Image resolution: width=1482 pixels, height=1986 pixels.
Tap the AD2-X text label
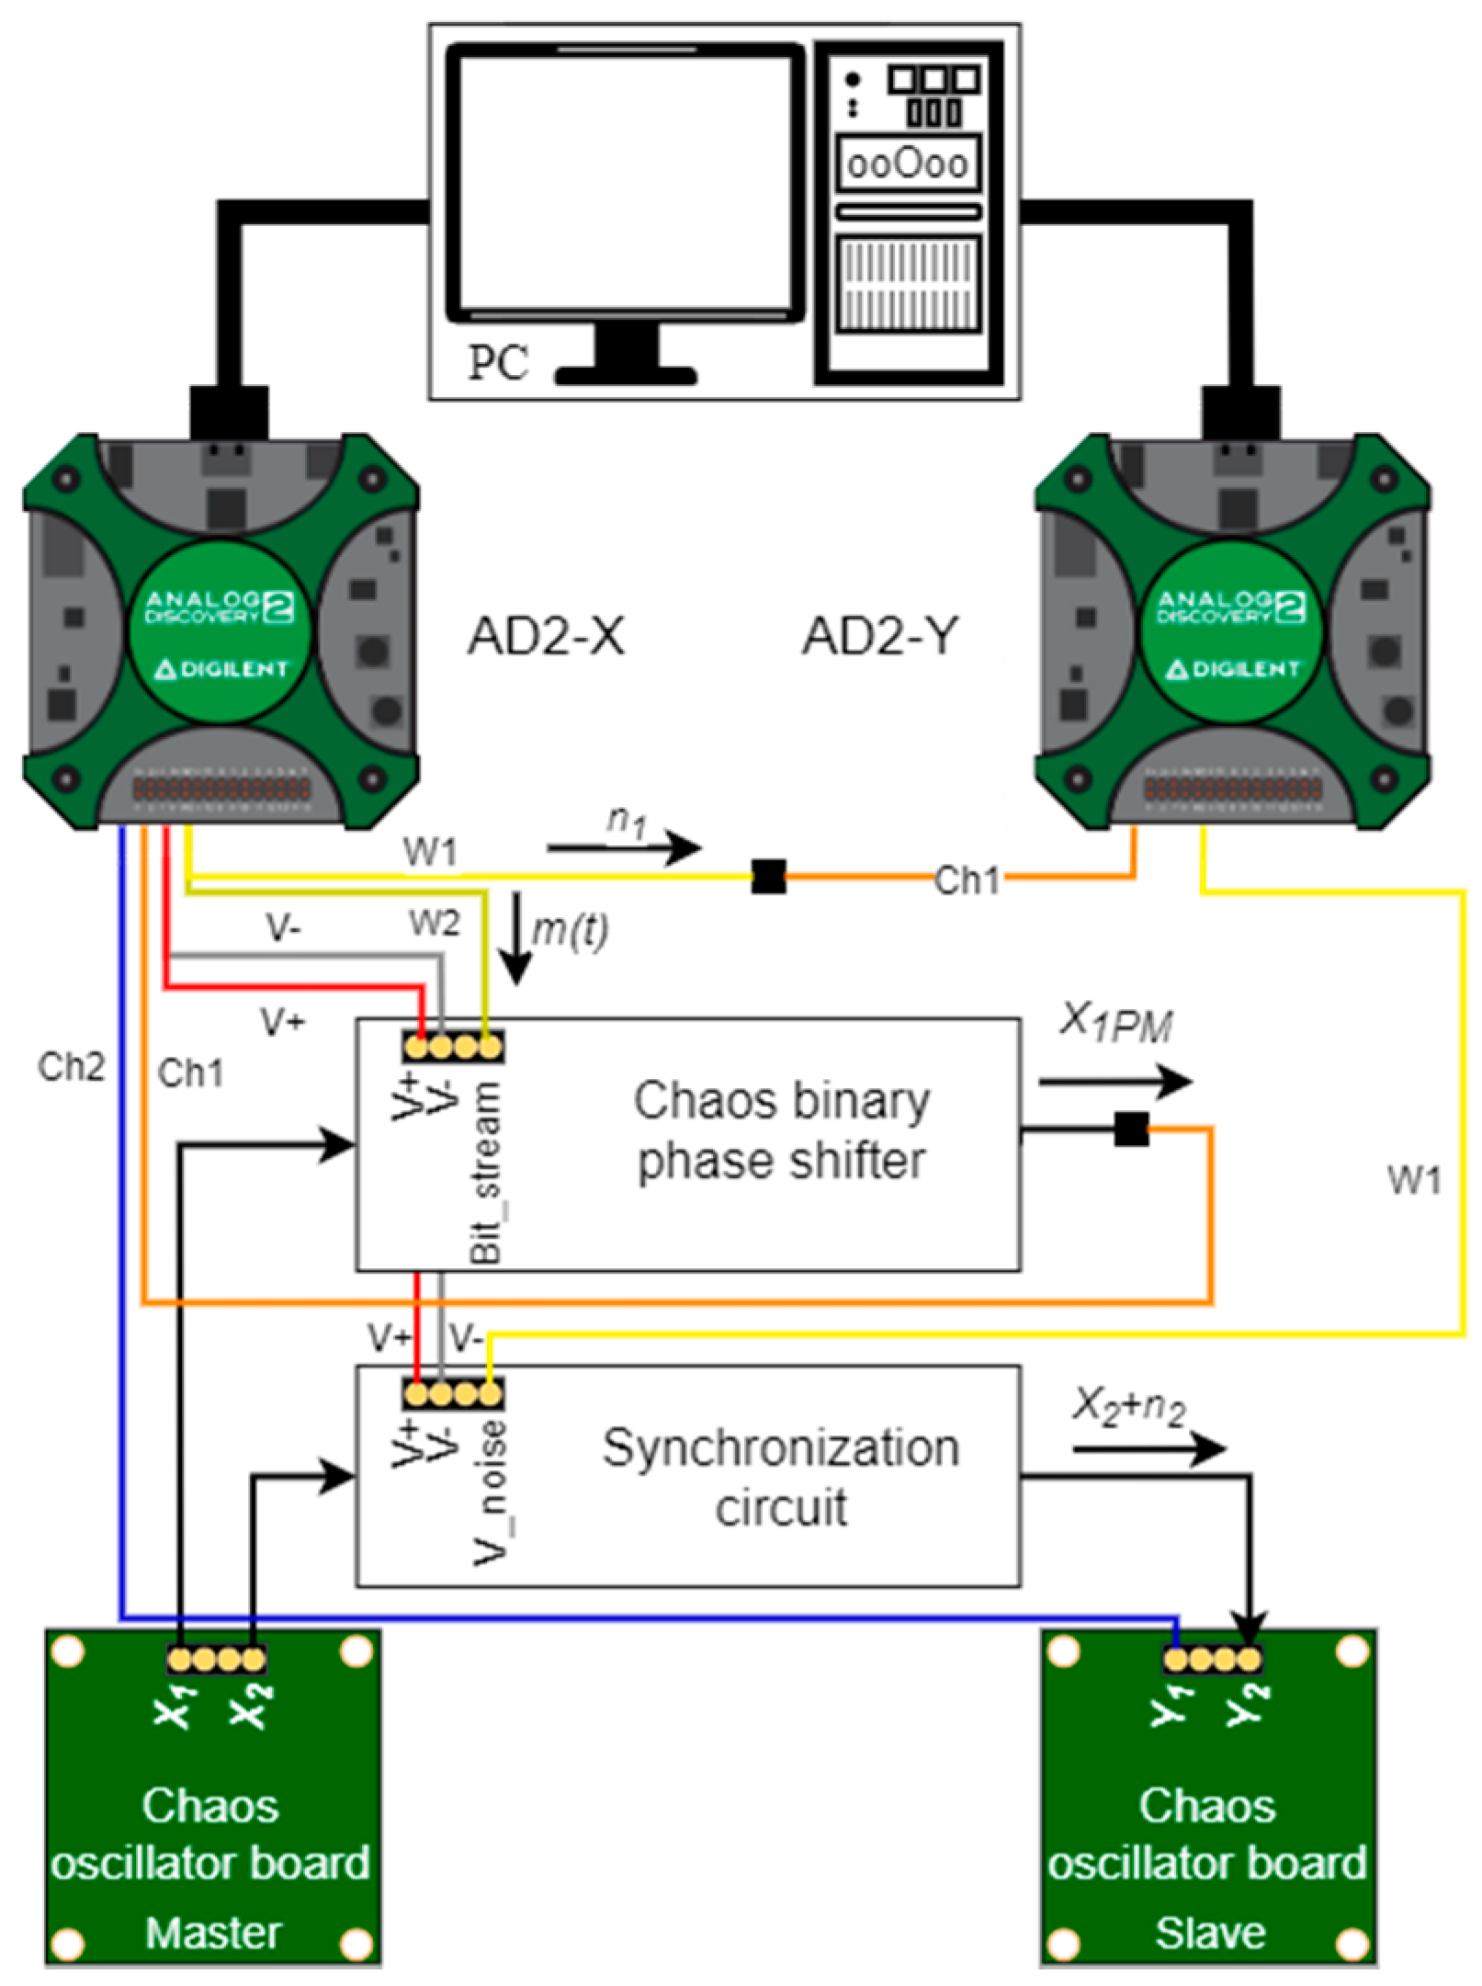pos(546,636)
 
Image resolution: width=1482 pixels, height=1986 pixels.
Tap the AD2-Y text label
pos(880,636)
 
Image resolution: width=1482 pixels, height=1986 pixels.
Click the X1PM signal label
pos(1115,1026)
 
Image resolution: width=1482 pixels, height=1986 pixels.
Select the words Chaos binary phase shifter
pos(781,1130)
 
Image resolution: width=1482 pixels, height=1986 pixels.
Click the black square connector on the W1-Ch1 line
pos(768,877)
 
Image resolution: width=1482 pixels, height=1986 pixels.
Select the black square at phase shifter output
pos(1131,1129)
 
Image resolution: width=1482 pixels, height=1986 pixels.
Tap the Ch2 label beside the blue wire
pos(72,1067)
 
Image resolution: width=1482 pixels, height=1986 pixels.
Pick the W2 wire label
pos(434,923)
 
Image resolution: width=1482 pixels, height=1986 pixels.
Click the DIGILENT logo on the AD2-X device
pos(221,668)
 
